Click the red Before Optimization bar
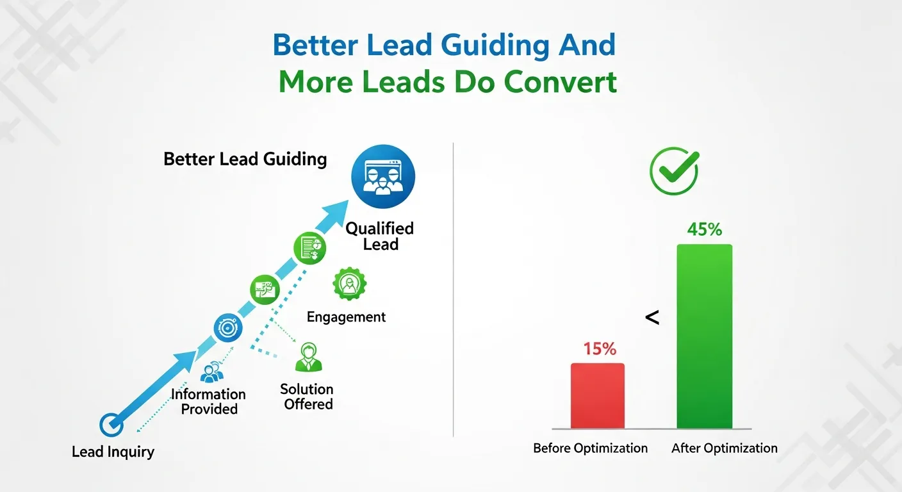[x=597, y=395]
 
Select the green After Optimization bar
[x=704, y=336]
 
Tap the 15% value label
[x=599, y=349]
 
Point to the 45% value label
[x=704, y=229]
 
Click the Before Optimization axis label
[x=590, y=448]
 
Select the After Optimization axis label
[x=724, y=448]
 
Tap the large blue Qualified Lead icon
[x=383, y=177]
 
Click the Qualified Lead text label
[x=380, y=236]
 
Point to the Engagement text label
[x=346, y=317]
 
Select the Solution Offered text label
[x=307, y=397]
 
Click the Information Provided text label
[x=209, y=402]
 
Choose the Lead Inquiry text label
[x=113, y=452]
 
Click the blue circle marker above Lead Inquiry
[x=111, y=424]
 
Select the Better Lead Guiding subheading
[x=245, y=159]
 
